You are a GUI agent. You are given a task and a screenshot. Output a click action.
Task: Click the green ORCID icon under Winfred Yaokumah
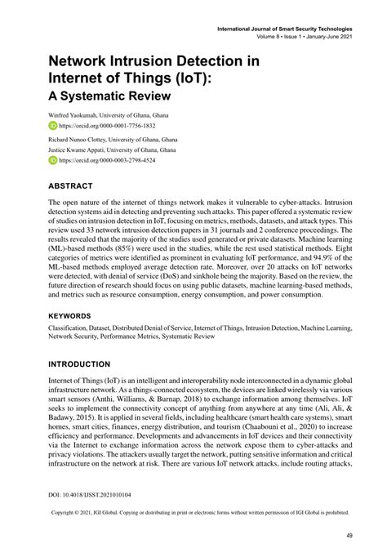tap(54, 127)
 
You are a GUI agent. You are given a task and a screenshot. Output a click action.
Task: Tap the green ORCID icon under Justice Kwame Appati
tap(54, 162)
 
